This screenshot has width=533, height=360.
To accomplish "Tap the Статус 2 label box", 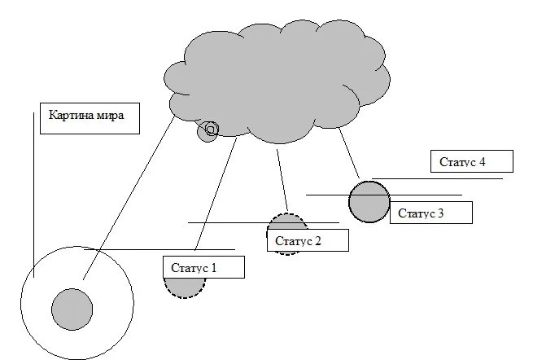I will [308, 240].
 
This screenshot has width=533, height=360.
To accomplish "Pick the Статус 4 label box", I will [471, 161].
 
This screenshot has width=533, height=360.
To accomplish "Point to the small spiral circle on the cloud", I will [209, 130].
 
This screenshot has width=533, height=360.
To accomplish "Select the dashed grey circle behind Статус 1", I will [183, 288].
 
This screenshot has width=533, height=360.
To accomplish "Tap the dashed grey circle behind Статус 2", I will [286, 222].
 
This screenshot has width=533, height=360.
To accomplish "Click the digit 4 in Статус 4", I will [483, 162].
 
